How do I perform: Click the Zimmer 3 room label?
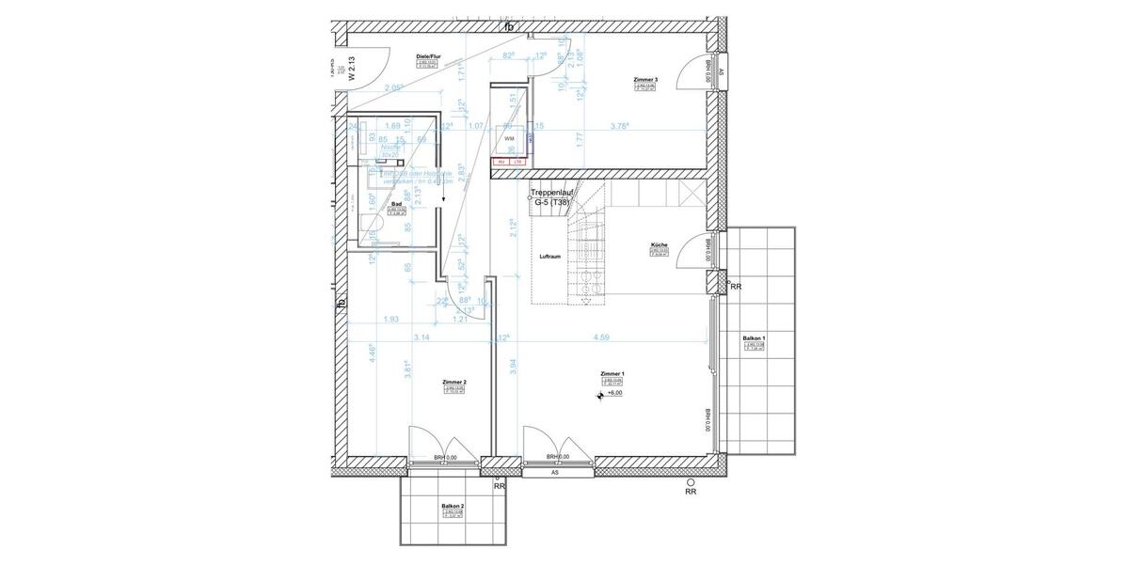coord(644,81)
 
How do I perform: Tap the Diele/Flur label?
coord(428,58)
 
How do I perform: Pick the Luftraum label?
coord(550,256)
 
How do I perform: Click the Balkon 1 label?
coord(755,337)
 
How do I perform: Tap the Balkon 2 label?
coord(453,506)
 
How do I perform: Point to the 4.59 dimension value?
coord(603,337)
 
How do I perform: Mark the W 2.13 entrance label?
coord(351,70)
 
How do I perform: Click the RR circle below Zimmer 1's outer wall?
coord(691,480)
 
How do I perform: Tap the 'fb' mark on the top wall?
coord(509,26)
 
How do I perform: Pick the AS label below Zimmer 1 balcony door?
coord(555,473)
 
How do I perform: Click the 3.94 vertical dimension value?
coord(513,368)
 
